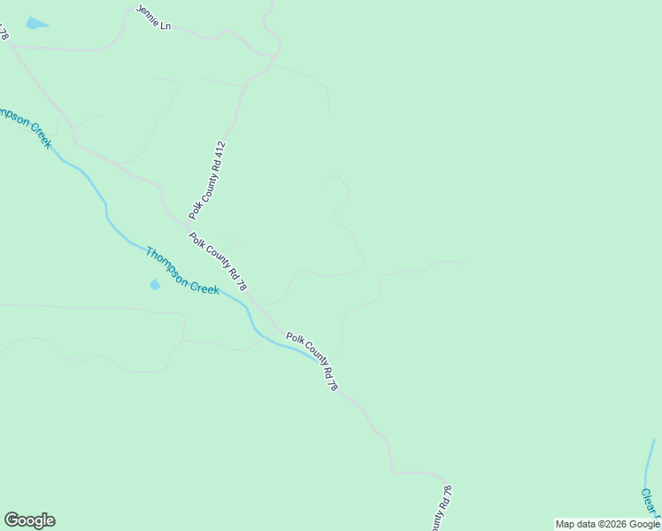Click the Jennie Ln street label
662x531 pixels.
[153, 17]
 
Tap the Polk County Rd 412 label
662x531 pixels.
[208, 180]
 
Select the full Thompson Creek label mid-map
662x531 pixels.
[182, 271]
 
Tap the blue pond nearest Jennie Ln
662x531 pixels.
[36, 24]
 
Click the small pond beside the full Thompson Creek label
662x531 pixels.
[155, 284]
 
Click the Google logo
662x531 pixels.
[29, 520]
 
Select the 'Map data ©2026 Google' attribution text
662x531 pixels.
[607, 524]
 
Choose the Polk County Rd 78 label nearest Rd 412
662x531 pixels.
[218, 263]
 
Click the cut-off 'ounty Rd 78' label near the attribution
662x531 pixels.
[443, 509]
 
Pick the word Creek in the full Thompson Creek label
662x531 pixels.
[204, 284]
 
